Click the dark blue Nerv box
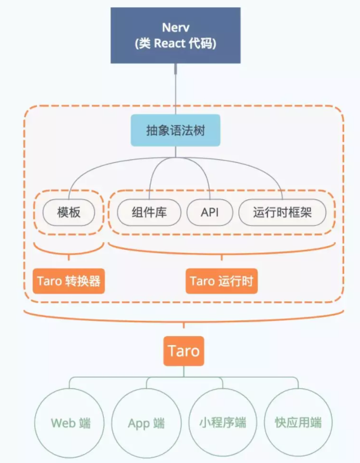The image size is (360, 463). point(175,34)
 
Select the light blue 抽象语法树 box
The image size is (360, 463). point(175,131)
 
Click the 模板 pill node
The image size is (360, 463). point(69,213)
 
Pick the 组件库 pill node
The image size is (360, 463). point(150,213)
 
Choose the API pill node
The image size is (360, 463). point(209,213)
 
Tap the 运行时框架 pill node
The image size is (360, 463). point(282,213)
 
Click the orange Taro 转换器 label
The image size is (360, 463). point(69,281)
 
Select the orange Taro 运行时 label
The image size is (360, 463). point(221,281)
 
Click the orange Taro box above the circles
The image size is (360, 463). point(184,351)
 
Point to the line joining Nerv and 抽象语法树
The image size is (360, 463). point(176,90)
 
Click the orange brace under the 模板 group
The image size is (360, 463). point(69,251)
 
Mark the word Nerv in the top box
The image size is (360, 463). point(175,27)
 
